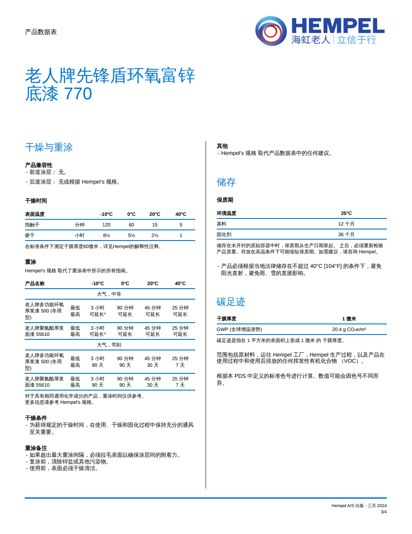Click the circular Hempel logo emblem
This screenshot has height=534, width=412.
(271, 31)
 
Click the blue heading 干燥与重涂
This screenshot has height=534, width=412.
(48, 147)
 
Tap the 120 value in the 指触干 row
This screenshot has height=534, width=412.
(106, 225)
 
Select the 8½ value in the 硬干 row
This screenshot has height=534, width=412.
(106, 235)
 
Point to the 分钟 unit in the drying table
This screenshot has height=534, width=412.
(79, 225)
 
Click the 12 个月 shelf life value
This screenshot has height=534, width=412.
(346, 224)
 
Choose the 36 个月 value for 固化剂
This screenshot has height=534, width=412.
(346, 234)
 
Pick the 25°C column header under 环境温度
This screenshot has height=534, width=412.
(346, 213)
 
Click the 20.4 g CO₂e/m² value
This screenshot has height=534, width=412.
(349, 329)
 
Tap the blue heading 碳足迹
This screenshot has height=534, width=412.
(231, 302)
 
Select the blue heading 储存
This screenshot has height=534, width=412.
(226, 182)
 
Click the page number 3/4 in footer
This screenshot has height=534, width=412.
(383, 512)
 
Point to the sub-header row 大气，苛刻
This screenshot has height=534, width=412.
(109, 345)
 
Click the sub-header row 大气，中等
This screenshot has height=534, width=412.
(109, 294)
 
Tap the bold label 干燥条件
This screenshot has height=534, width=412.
(36, 418)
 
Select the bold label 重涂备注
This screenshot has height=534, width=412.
(36, 448)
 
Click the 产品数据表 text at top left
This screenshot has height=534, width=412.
(41, 32)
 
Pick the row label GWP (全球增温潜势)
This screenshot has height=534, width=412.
(239, 329)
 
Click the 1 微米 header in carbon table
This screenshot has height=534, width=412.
(349, 319)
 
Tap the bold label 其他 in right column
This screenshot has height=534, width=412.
(222, 146)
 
